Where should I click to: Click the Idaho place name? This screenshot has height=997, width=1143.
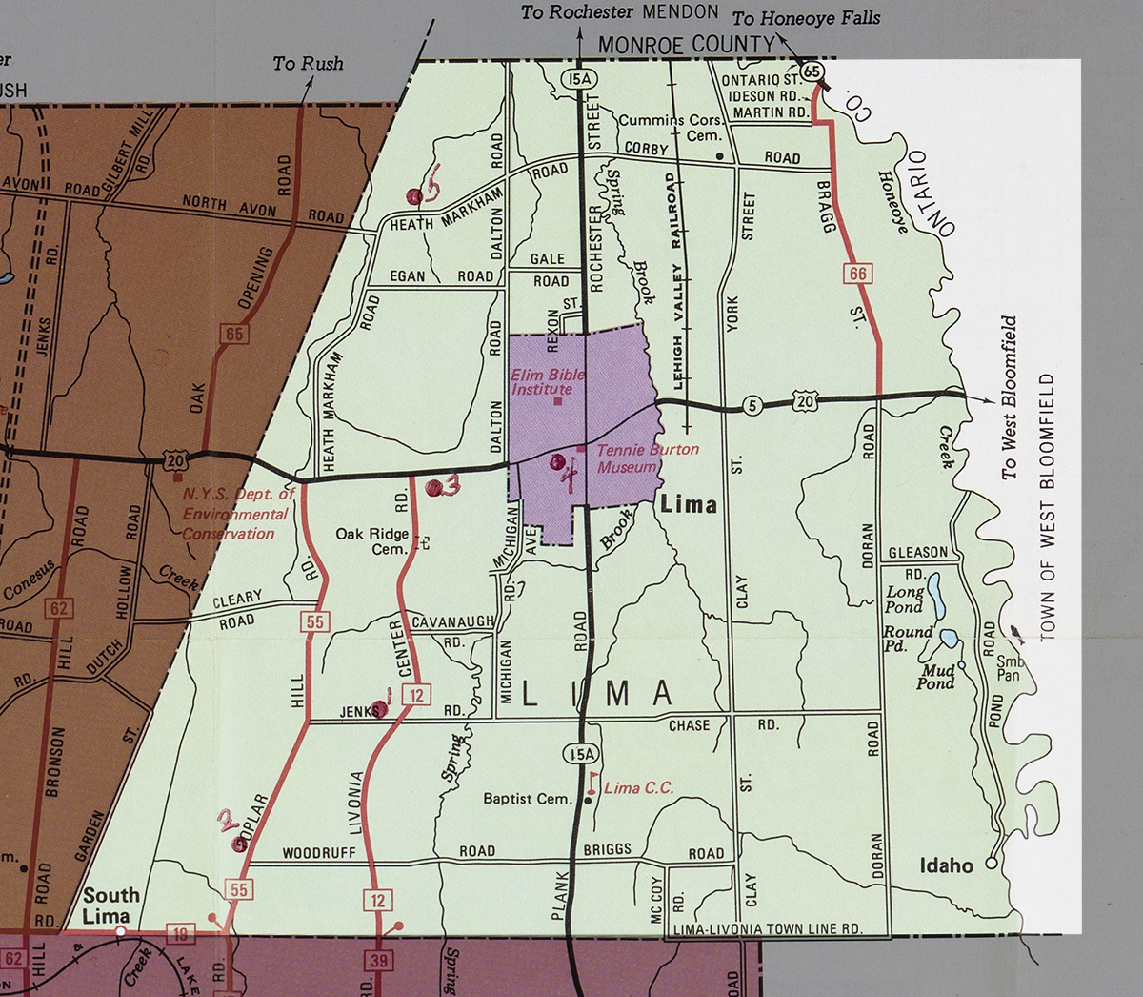pos(946,865)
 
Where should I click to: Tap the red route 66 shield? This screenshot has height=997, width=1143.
pos(858,275)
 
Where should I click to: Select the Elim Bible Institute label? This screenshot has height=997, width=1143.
pos(548,381)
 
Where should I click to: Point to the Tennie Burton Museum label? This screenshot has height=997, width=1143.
pos(648,458)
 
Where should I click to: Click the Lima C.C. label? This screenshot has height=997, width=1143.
pos(638,787)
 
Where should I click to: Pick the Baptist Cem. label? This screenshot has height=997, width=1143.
pos(527,799)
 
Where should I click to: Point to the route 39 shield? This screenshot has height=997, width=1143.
pos(379,960)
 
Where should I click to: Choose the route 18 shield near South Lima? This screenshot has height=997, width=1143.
pos(180,934)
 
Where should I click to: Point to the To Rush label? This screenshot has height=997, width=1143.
pos(308,64)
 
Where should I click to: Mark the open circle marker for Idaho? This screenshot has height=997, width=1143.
pos(992,863)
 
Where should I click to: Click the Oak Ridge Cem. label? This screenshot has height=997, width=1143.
pos(373,541)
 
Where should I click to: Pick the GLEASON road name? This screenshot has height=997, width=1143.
pos(918,553)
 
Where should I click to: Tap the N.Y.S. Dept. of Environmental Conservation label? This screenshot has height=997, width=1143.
pos(236,514)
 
